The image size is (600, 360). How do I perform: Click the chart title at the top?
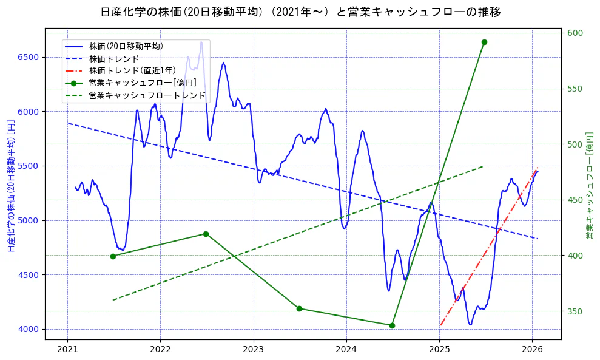[300, 12]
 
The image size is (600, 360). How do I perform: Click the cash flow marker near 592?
[484, 42]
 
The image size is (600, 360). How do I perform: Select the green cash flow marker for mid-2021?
[113, 256]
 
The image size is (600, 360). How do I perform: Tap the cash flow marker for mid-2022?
[206, 234]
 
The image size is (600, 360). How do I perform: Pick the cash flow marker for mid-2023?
[299, 308]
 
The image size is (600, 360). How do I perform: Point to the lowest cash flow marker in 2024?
[392, 325]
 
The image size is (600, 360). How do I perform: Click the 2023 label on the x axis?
[253, 350]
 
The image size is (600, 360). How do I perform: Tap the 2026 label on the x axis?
[532, 350]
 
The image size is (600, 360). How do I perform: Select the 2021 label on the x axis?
[67, 350]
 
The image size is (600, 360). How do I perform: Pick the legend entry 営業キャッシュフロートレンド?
[147, 95]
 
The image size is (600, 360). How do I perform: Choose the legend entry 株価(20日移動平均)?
[126, 46]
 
